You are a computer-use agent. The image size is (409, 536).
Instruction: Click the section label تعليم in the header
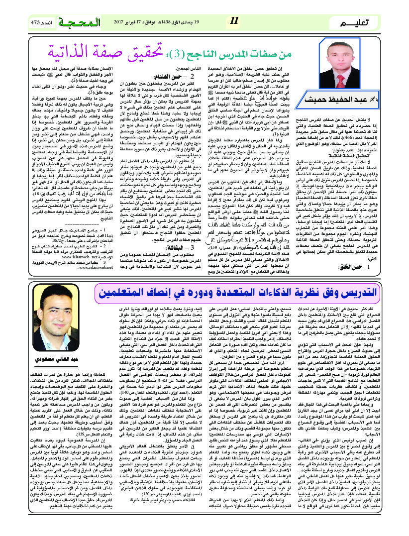pos(360,23)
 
